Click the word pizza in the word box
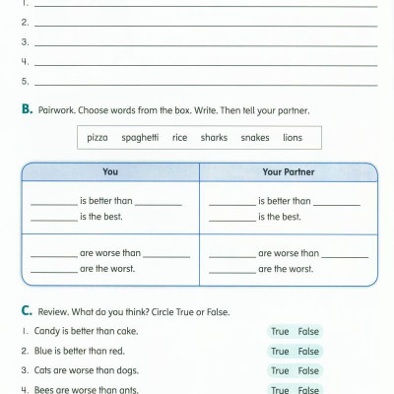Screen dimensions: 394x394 pos(98,138)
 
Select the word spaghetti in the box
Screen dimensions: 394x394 pos(140,138)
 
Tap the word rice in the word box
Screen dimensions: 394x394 pos(179,138)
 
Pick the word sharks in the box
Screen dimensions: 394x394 pos(214,138)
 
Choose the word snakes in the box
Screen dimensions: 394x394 pos(254,138)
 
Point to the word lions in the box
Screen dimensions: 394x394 pos(293,138)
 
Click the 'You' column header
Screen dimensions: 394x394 pos(110,171)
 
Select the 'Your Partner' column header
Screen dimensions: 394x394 pos(287,171)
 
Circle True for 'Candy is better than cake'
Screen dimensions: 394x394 pos(280,332)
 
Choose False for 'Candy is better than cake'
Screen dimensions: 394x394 pos(308,332)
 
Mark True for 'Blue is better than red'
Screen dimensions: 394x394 pos(280,351)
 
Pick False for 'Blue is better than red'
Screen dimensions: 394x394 pos(308,351)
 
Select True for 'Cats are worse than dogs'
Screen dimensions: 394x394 pos(280,370)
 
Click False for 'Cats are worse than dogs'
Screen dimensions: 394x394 pos(308,370)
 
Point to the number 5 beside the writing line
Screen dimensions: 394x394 pos(25,81)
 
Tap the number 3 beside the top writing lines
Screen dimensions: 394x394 pos(25,42)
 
